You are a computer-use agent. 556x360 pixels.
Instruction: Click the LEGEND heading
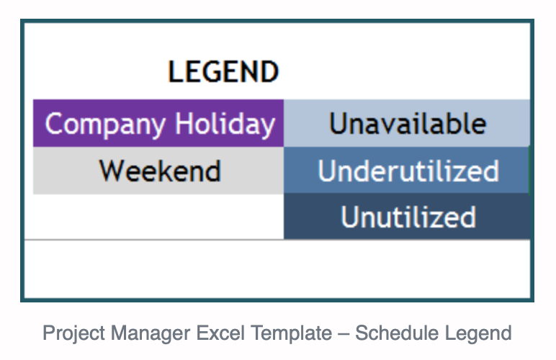(223, 71)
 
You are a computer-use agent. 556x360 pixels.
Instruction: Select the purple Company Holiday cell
(158, 123)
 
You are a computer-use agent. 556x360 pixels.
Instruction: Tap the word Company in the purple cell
(105, 125)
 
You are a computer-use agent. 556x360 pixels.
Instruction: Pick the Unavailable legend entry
(407, 123)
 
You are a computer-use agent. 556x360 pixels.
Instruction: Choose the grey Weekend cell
(158, 171)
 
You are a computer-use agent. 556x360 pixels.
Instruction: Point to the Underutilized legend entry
(407, 171)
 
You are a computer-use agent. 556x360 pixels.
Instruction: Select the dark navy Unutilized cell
(407, 217)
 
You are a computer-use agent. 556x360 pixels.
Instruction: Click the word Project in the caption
(73, 333)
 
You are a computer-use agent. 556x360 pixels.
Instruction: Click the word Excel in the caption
(220, 333)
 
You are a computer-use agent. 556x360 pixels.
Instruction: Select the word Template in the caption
(291, 334)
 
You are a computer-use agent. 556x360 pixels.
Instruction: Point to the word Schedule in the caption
(397, 333)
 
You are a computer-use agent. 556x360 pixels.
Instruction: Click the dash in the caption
(344, 334)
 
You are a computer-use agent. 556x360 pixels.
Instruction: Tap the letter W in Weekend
(112, 171)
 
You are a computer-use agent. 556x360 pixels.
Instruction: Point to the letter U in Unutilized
(349, 216)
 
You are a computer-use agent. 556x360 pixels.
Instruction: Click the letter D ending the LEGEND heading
(270, 71)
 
